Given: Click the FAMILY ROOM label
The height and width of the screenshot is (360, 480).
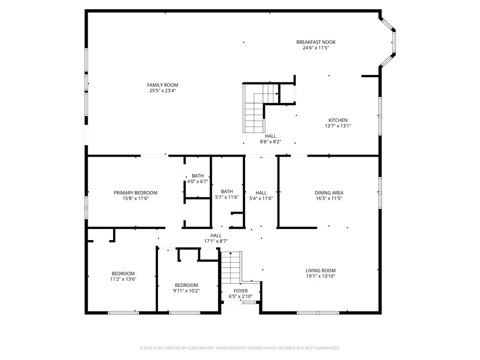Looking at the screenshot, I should click(163, 85).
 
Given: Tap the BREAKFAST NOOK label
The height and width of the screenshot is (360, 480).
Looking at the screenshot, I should click(316, 42).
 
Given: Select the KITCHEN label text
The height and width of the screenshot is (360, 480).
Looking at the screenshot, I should click(337, 120).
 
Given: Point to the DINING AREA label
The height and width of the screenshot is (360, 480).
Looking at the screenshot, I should click(329, 193).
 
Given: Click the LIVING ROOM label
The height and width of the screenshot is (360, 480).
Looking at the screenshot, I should click(321, 270).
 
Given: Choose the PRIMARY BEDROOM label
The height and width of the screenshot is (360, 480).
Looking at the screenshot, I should click(135, 193).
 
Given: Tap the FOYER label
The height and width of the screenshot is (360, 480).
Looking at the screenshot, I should click(240, 291).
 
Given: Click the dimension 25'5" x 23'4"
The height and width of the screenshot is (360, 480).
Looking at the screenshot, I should click(163, 90).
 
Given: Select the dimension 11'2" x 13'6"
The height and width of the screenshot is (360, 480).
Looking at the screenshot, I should click(123, 279).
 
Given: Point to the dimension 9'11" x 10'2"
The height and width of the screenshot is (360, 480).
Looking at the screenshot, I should click(186, 291).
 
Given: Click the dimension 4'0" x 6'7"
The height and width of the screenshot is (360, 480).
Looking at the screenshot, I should click(197, 181).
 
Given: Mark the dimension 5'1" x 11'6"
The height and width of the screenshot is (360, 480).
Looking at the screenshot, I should click(227, 197).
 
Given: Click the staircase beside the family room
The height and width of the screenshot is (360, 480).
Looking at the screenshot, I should click(255, 109).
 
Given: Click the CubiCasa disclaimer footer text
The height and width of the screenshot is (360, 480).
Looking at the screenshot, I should click(240, 348).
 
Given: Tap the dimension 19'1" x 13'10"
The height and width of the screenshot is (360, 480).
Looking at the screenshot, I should click(321, 276).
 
